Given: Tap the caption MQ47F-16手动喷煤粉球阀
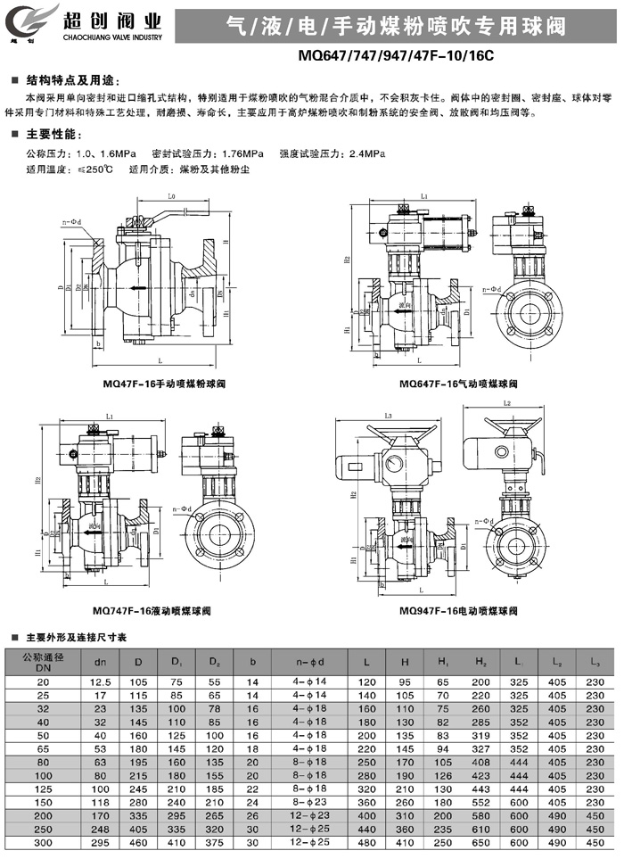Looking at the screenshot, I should (x=166, y=384).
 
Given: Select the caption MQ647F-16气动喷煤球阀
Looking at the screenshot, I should (x=460, y=383).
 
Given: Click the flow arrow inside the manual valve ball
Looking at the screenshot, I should (x=135, y=287).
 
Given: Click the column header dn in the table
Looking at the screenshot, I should (x=100, y=662).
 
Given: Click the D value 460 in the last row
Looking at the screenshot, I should (x=138, y=843).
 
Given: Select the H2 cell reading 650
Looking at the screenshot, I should (x=482, y=843).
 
